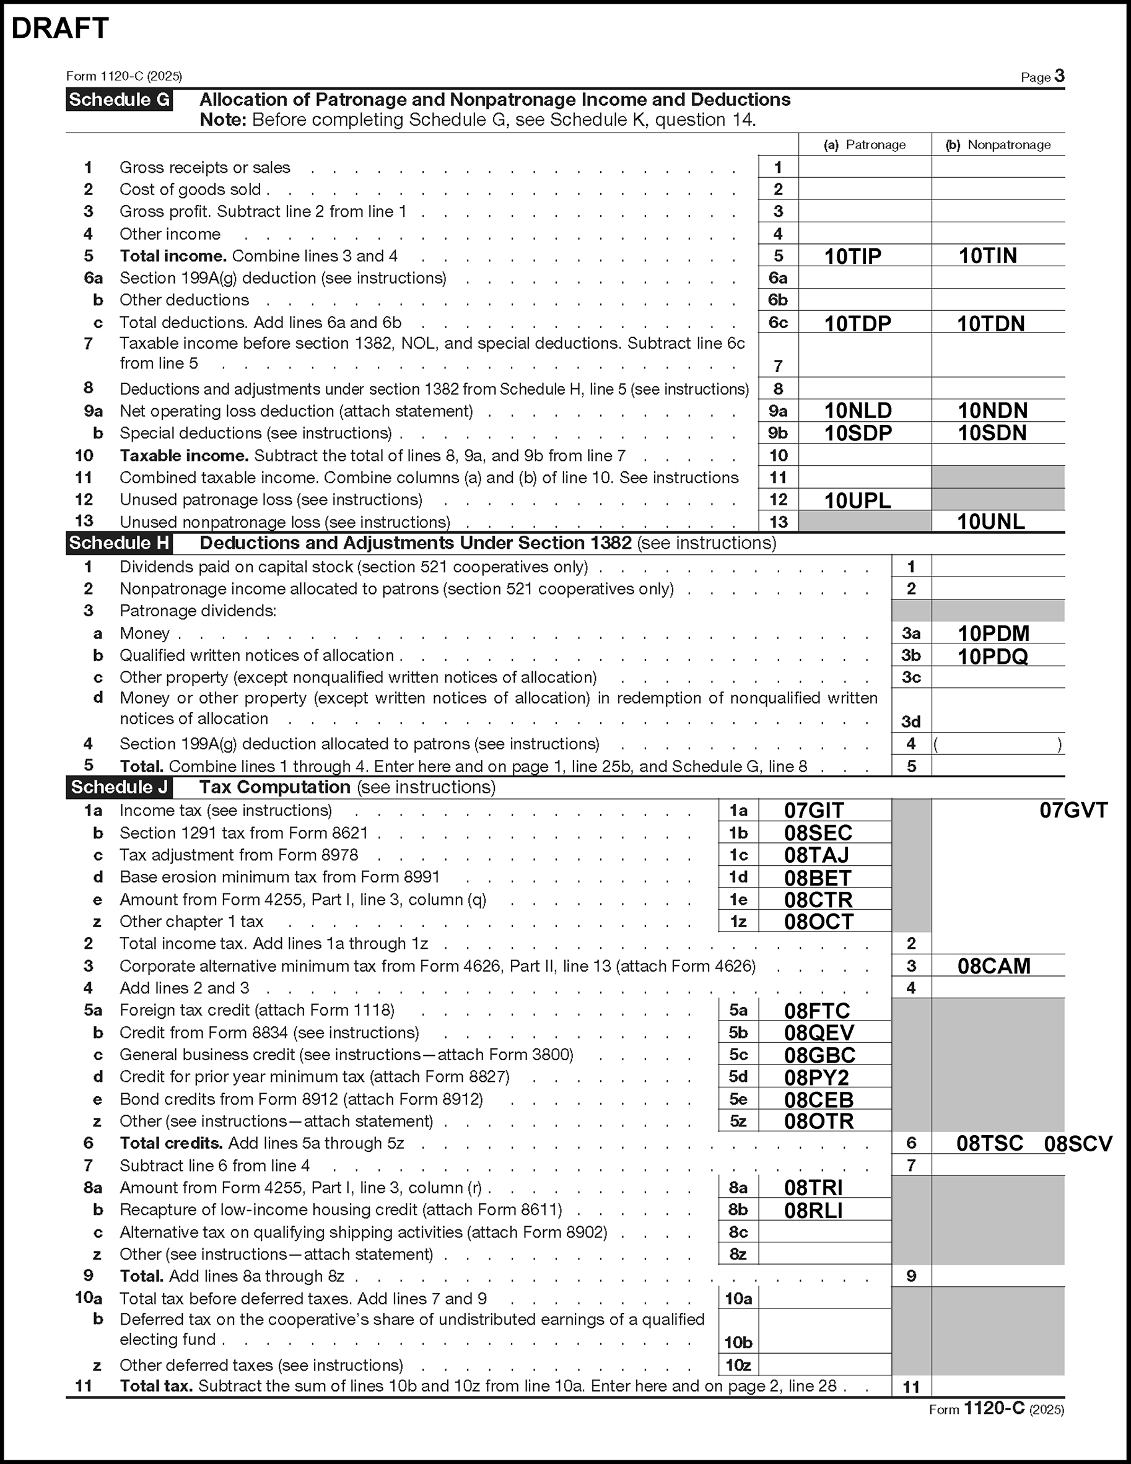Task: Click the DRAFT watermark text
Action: pos(60,28)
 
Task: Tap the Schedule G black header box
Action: pos(119,100)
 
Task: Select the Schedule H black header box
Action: pos(119,543)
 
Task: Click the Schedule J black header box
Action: pos(119,787)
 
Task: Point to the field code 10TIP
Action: pos(852,256)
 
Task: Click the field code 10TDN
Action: pos(990,324)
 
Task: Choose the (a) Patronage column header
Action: pos(864,145)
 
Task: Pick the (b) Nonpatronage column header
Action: pos(998,145)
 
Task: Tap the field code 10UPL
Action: pos(857,500)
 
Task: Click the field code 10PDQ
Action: pos(992,656)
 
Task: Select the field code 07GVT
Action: pos(1073,811)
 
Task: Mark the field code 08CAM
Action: pos(993,966)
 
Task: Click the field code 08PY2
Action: pos(816,1077)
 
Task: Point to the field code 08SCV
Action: pos(1077,1144)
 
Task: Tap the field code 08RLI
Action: pos(813,1210)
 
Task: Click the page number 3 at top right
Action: pos(1059,76)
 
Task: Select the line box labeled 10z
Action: pos(738,1365)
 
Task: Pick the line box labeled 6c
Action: pos(778,323)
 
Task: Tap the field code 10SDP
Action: pos(857,433)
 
